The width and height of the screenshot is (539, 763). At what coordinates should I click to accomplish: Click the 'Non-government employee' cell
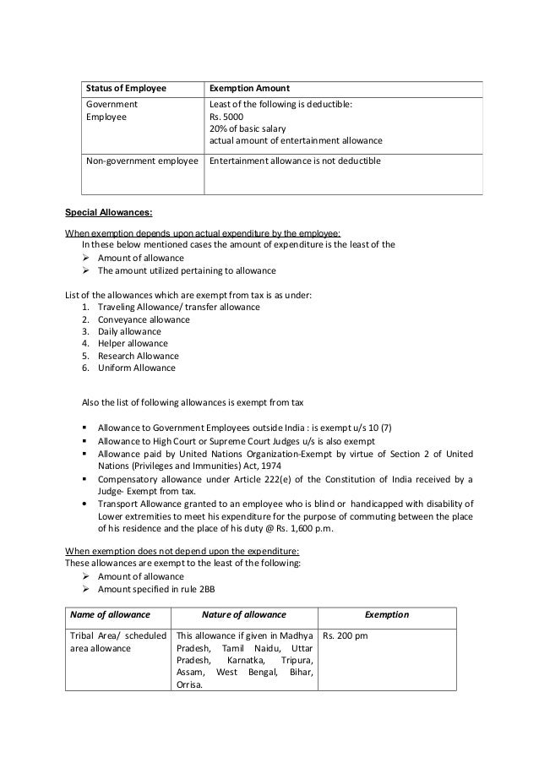click(141, 161)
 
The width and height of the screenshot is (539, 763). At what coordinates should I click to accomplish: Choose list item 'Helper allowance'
click(133, 343)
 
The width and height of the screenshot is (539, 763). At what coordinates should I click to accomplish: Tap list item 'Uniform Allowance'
click(137, 368)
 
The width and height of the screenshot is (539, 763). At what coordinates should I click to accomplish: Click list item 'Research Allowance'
click(139, 356)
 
